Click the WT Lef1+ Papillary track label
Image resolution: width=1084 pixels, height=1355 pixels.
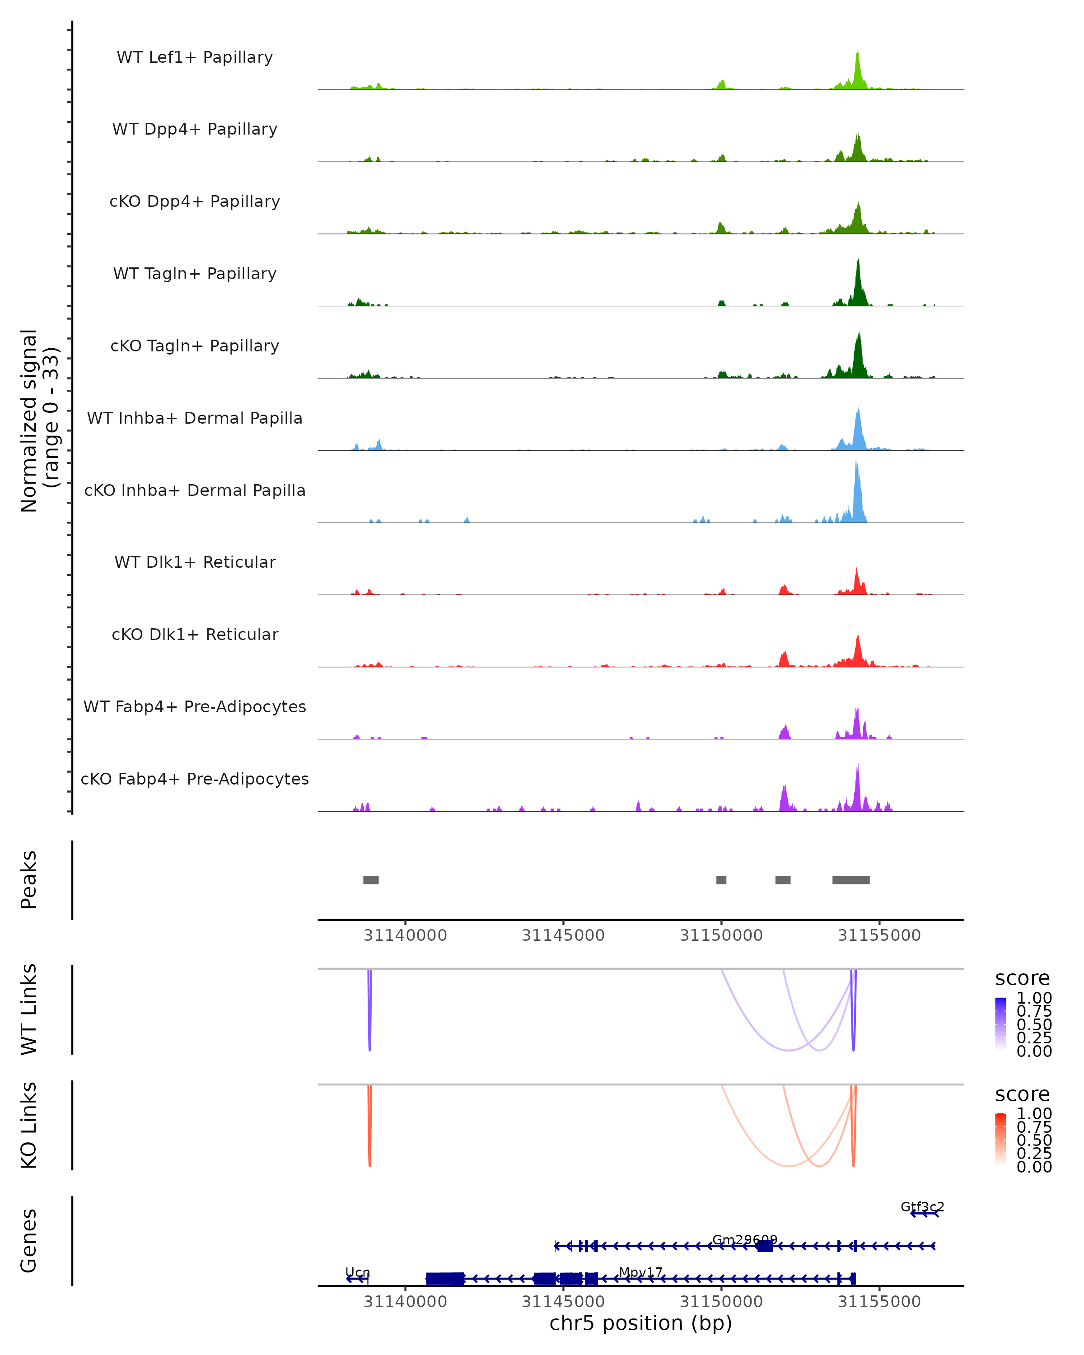pos(195,57)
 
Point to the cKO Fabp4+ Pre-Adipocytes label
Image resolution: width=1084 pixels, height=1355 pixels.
pos(195,779)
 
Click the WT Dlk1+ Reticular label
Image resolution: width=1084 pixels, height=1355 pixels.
pos(195,562)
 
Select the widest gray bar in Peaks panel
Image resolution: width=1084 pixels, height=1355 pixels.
pos(851,880)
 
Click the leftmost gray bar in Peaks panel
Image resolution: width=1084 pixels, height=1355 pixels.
pos(371,880)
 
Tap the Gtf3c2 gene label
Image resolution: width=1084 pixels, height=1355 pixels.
pos(922,1207)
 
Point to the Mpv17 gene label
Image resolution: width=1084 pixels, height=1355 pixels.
pos(640,1272)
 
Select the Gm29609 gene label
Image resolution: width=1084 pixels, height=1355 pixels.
pos(745,1239)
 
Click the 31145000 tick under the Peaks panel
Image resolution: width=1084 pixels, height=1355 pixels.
pos(563,935)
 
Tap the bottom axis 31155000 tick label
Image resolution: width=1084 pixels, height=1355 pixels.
pos(879,1302)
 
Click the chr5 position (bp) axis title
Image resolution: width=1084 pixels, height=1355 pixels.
pos(640,1323)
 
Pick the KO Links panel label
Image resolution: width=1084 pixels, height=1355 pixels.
pos(29,1125)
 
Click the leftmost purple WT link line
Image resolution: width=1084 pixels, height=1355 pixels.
pos(369,1012)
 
